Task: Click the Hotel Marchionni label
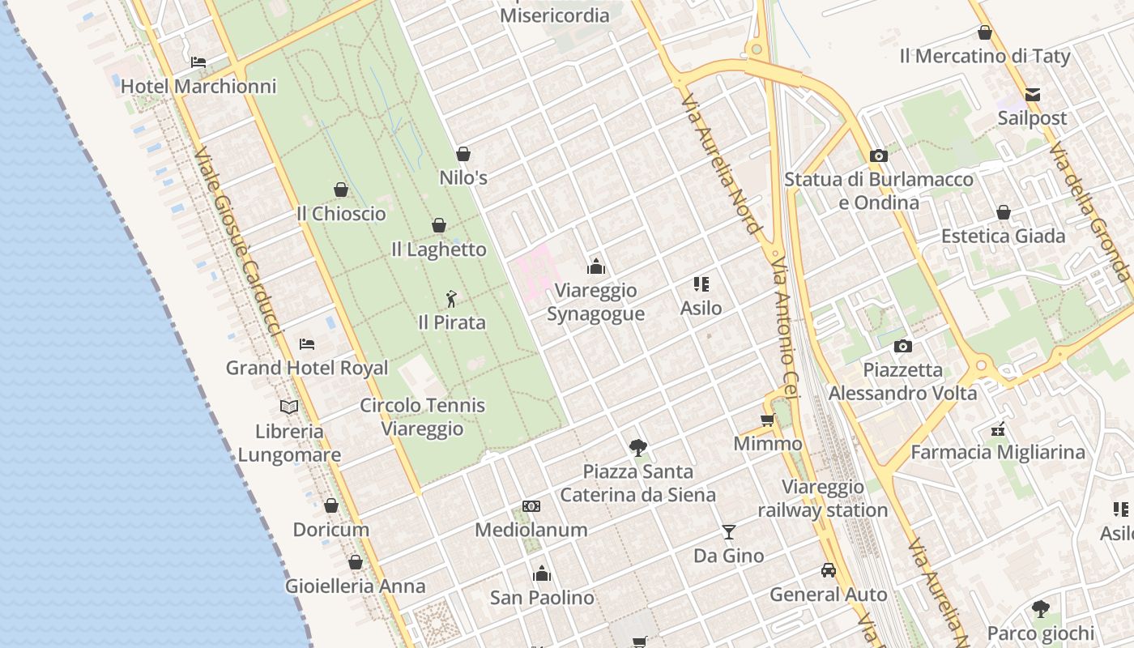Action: tap(198, 86)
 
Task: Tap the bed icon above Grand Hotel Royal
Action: tap(307, 344)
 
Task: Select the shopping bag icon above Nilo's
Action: tap(463, 154)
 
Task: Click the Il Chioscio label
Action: tap(341, 214)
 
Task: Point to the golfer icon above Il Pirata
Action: tap(451, 299)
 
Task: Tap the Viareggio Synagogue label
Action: tap(595, 302)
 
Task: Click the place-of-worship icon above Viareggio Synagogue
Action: tap(596, 266)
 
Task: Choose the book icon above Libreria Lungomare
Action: tap(289, 407)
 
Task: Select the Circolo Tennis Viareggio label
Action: tap(422, 417)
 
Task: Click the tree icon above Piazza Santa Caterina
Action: tap(638, 447)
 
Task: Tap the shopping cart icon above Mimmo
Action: tap(768, 420)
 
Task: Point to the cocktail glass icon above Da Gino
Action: tap(729, 532)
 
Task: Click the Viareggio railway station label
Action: tap(823, 498)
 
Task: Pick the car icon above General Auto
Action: tap(829, 570)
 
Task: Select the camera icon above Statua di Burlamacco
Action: tap(879, 156)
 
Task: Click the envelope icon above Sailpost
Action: tap(1033, 95)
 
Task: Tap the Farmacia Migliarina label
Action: tap(998, 452)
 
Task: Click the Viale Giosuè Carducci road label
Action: tap(237, 241)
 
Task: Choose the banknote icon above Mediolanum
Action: tap(531, 506)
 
